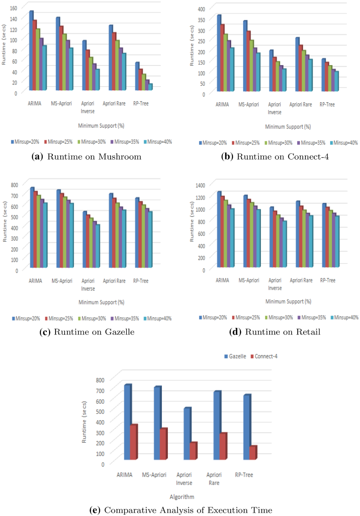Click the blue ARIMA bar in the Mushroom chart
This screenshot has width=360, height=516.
[x=31, y=50]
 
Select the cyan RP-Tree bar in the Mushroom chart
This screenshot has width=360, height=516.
[x=150, y=87]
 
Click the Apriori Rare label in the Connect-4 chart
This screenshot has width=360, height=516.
[x=301, y=105]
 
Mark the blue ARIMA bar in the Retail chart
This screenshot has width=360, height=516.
[x=219, y=230]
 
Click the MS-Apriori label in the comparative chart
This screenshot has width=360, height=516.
[x=155, y=475]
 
